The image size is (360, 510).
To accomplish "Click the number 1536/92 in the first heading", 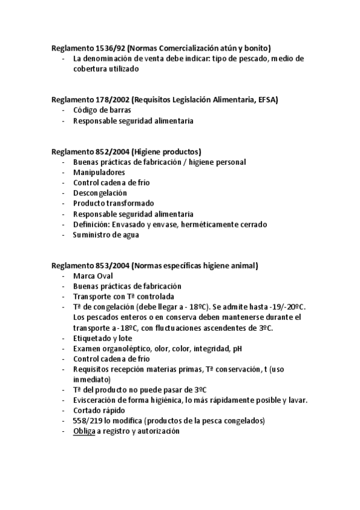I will (x=110, y=48).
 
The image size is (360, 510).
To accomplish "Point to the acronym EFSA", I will (x=267, y=100).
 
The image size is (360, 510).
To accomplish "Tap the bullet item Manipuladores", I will (x=99, y=173).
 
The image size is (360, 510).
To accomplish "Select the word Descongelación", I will (x=100, y=193).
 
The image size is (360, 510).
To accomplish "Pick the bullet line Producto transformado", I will (x=114, y=203).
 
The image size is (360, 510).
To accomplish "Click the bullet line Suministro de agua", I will (x=106, y=235).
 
